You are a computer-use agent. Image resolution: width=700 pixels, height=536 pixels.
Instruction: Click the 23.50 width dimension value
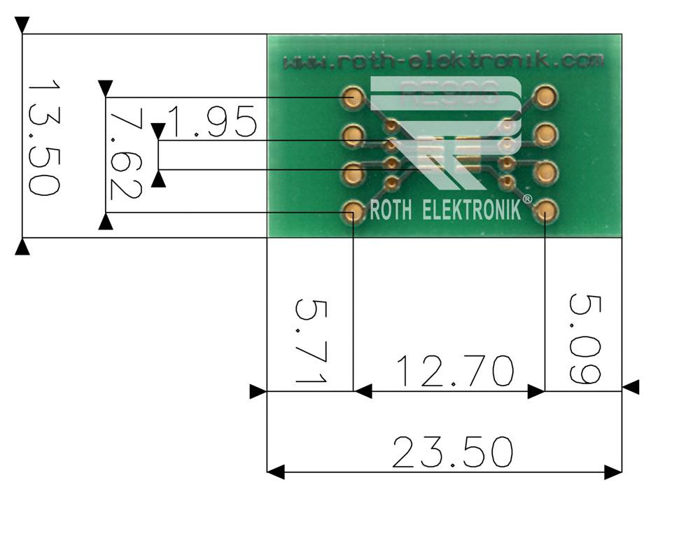tap(452, 453)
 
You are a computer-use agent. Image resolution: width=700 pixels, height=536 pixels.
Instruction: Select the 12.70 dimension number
tap(455, 372)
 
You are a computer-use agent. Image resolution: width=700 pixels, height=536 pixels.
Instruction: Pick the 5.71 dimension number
tap(310, 341)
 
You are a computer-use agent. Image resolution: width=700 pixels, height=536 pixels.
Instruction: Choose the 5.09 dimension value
tap(585, 339)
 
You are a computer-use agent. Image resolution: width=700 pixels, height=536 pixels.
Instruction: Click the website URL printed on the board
tap(442, 62)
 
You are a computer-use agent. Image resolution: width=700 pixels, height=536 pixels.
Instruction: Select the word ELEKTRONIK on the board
tap(472, 210)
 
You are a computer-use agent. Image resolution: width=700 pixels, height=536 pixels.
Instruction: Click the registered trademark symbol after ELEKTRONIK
tap(527, 200)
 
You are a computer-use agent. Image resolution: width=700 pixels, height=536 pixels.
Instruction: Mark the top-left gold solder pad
tap(354, 97)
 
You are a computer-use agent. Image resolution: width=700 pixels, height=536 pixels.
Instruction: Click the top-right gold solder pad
tap(546, 96)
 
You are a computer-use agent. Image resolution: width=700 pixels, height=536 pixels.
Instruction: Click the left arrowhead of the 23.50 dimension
tap(276, 472)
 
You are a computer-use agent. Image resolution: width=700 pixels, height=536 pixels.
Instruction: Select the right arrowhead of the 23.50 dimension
tap(613, 472)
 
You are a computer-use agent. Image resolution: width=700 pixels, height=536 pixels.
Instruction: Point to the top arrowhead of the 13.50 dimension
tap(22, 25)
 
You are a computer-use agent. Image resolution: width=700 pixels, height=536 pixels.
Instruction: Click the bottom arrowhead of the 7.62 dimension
tap(106, 223)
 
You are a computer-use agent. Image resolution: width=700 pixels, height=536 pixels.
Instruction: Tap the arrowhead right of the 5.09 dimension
tap(631, 387)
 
